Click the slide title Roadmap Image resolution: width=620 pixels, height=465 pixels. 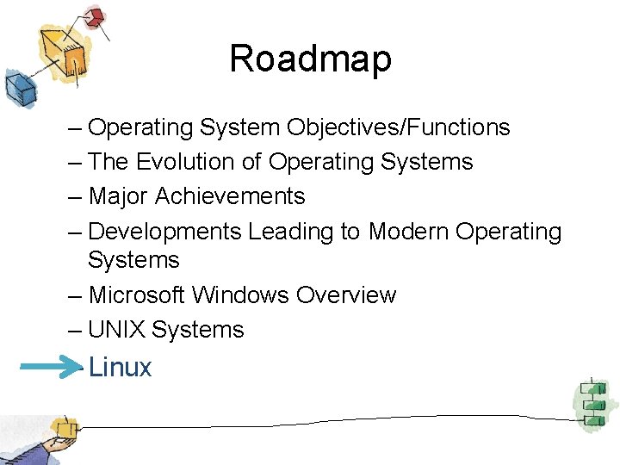click(x=310, y=59)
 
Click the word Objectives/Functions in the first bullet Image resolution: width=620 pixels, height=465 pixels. click(x=399, y=127)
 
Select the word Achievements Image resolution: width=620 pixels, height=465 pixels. click(x=230, y=196)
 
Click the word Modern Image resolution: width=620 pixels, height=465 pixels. click(x=409, y=232)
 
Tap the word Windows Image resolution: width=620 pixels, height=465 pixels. click(x=241, y=294)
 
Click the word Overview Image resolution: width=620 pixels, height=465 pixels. click(x=346, y=294)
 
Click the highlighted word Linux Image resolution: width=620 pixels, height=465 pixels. click(x=120, y=368)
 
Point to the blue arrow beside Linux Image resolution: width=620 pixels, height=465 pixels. click(x=50, y=368)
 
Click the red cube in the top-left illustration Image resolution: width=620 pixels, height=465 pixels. click(x=96, y=16)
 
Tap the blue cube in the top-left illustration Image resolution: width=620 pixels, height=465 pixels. click(x=18, y=86)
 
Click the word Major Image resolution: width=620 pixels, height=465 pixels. click(x=119, y=196)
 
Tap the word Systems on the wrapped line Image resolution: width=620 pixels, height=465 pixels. click(x=133, y=260)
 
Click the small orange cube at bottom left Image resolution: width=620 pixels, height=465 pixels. click(x=62, y=428)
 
